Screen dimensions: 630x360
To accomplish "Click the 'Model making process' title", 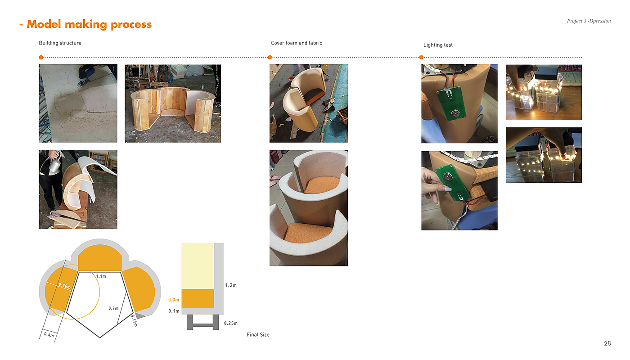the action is pos(89,24).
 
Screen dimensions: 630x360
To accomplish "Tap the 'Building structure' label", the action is pos(60,43).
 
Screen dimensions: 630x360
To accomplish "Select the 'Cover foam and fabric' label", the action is pos(297,43).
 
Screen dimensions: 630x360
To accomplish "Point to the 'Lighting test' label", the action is pos(438,45).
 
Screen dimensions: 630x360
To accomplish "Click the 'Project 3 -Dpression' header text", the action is pos(589,21).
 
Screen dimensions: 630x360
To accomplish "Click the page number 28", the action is pos(607,343).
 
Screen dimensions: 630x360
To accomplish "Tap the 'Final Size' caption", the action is pos(258,335).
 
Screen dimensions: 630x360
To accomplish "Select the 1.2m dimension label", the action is pos(231,285).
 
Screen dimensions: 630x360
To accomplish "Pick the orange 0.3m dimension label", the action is pos(174,300).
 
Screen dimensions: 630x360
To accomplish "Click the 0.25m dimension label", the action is pos(230,324).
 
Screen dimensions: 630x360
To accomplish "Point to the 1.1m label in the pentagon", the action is pos(101,276).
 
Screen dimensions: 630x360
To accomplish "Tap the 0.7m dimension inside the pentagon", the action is pos(113,309).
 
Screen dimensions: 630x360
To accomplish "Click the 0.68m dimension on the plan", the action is pos(65,286).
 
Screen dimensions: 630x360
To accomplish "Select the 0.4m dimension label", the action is pos(49,335).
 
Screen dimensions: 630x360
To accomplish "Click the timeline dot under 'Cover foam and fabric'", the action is pos(270,58).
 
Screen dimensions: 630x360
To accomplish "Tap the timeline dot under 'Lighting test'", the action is pos(421,58).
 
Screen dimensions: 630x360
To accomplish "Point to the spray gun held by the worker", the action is pos(55,162).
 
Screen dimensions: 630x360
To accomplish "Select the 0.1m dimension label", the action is pos(174,311).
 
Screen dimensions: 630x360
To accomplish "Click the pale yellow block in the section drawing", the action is pos(198,266).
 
